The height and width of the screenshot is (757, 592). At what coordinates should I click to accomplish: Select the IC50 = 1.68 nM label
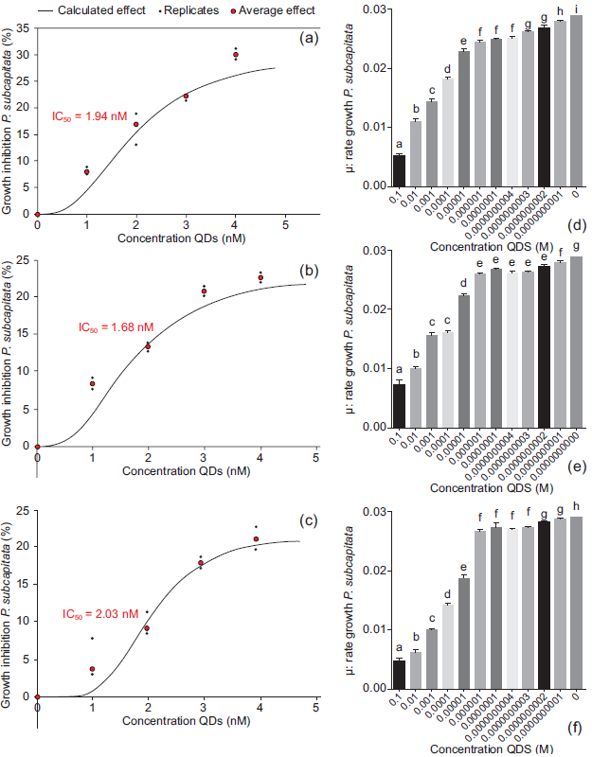click(x=116, y=328)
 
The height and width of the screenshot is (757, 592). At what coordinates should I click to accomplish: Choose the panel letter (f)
click(x=575, y=730)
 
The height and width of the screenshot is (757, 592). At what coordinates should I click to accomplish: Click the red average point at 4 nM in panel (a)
click(x=236, y=55)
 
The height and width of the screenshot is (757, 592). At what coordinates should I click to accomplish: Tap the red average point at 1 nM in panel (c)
click(x=92, y=669)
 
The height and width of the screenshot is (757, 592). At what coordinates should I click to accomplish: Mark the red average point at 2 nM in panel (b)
click(x=148, y=346)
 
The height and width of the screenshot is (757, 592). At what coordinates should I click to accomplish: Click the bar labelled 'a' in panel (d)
click(x=399, y=170)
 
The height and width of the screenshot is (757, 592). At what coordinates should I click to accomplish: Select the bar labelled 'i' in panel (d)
click(x=576, y=101)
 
